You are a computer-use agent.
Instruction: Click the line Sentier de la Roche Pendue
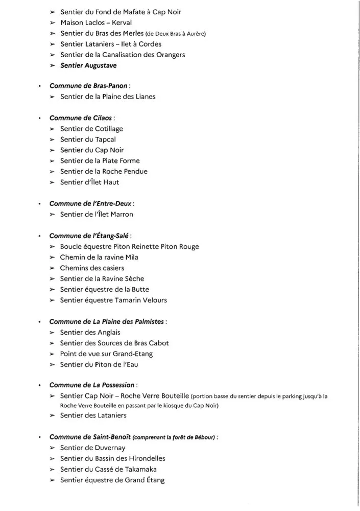pos(104,171)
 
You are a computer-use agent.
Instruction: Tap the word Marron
pos(121,214)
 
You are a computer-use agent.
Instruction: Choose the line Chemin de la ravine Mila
pos(99,257)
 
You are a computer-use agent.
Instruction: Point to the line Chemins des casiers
pos(92,268)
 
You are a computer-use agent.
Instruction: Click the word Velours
pos(153,300)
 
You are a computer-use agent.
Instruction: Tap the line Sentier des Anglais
pos(90,332)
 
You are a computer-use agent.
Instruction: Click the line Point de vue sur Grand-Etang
pos(106,354)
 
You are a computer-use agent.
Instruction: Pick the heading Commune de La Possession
pos(92,385)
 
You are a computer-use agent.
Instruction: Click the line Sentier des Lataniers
pos(93,415)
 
